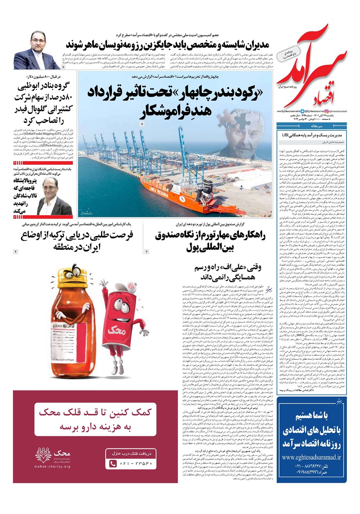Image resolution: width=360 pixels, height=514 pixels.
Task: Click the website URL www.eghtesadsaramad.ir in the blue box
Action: pyautogui.click(x=311, y=457)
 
